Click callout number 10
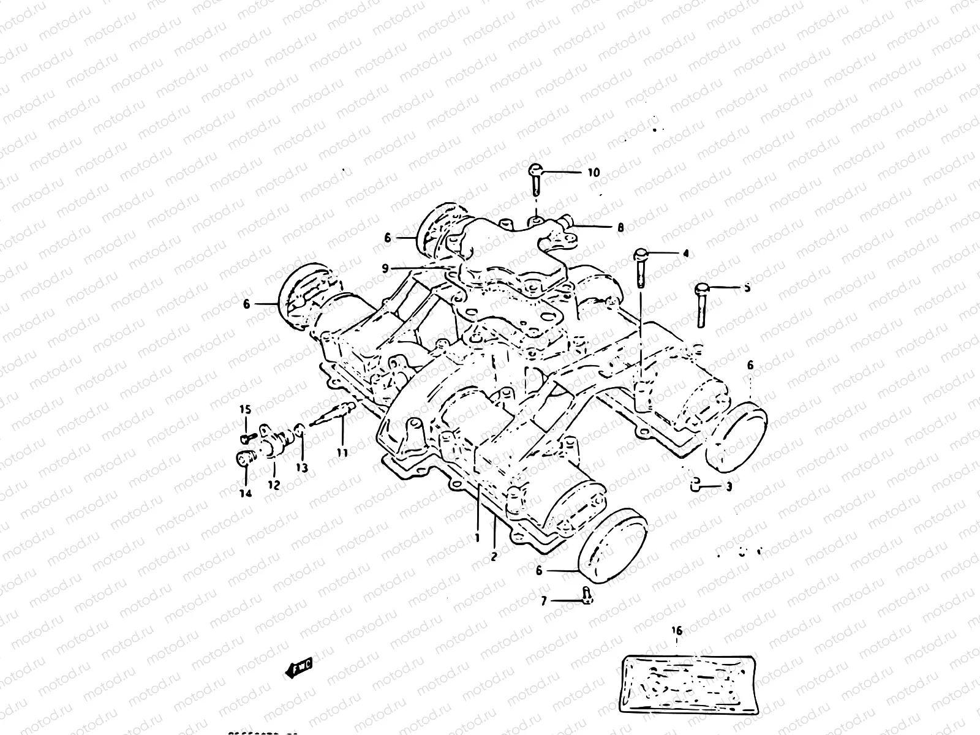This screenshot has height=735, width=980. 594,173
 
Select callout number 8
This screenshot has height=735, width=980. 620,228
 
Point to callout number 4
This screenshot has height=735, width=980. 685,252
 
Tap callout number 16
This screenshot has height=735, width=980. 677,630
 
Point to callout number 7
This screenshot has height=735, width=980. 543,601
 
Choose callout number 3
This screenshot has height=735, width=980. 728,488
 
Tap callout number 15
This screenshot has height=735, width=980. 245,409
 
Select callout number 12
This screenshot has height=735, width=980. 273,485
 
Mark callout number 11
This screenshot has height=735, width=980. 342,453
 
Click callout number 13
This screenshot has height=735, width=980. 301,468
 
